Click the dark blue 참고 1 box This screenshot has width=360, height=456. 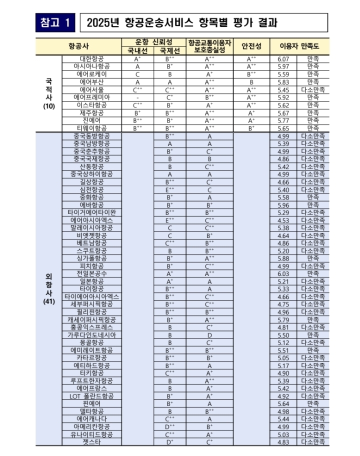(x=55, y=22)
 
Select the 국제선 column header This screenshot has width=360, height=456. (x=170, y=50)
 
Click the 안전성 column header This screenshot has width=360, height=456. (x=251, y=46)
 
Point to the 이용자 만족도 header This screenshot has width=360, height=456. (x=301, y=46)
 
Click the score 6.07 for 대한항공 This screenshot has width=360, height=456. (x=283, y=58)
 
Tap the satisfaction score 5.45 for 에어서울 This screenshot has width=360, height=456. (x=283, y=89)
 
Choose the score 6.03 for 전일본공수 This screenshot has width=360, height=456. (x=283, y=274)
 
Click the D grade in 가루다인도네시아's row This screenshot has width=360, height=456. (x=209, y=335)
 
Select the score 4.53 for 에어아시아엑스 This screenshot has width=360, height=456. (x=283, y=220)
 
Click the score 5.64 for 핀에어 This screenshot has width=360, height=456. (x=283, y=404)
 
